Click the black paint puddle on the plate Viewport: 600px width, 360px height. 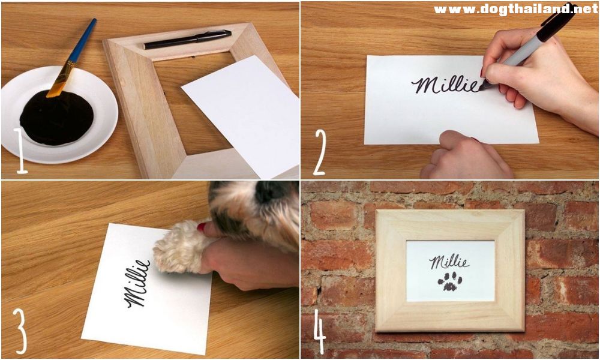[56, 118]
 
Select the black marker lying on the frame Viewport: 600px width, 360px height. [187, 39]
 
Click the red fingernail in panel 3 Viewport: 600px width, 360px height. [202, 227]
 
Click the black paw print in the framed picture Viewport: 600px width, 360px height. [450, 281]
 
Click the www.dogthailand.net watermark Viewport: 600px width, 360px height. [515, 9]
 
